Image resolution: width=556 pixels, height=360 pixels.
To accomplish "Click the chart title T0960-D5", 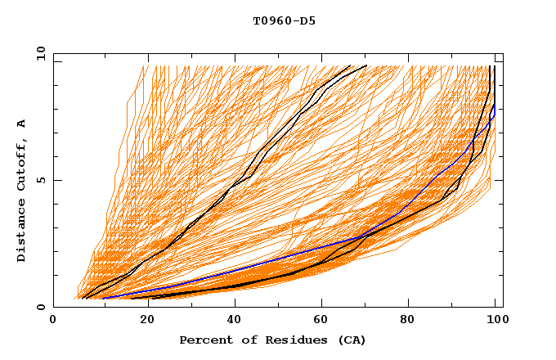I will (x=284, y=20).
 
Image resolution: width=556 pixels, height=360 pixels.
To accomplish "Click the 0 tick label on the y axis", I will (x=41, y=308).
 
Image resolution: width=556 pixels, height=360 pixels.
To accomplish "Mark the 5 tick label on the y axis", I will (x=41, y=180).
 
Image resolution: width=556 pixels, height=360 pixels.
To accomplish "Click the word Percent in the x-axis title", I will (x=203, y=340).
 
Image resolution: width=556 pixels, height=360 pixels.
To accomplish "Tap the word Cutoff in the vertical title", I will (x=22, y=168).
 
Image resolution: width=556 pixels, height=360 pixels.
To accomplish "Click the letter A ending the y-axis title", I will (x=22, y=123).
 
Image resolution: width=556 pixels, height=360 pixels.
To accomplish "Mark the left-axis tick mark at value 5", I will (x=56, y=180).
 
